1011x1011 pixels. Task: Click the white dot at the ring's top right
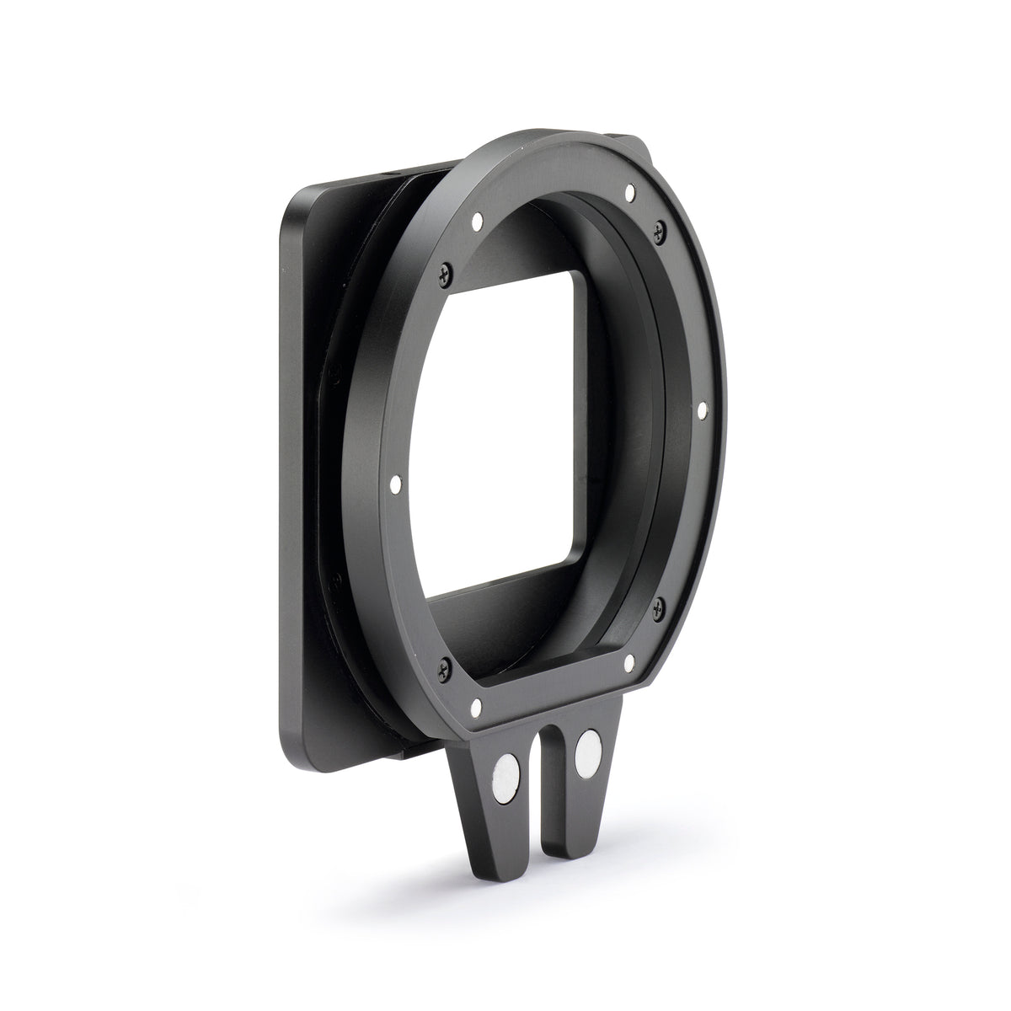coord(630,195)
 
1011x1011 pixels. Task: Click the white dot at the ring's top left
coord(477,222)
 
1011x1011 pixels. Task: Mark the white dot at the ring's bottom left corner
coord(476,703)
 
